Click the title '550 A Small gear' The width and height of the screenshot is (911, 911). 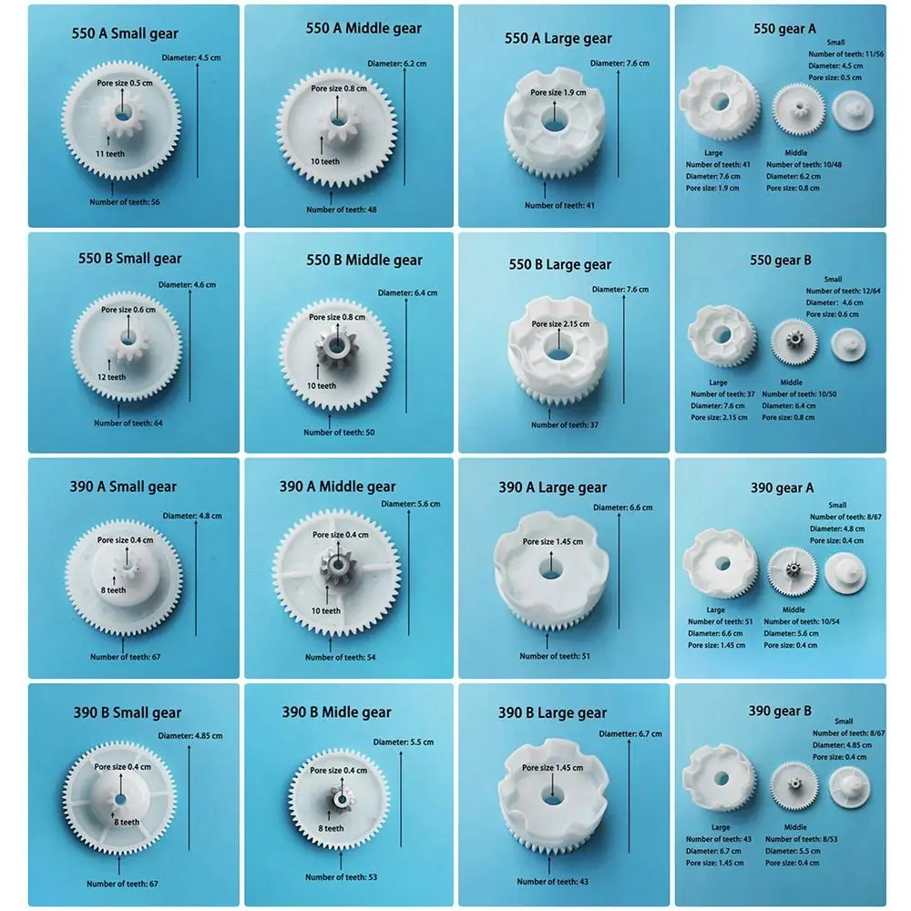[x=126, y=34]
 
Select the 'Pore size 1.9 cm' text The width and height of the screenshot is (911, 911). [x=558, y=92]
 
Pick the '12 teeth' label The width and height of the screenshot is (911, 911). [x=111, y=377]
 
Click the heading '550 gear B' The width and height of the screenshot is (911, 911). [x=782, y=260]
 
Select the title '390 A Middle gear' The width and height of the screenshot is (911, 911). [x=338, y=486]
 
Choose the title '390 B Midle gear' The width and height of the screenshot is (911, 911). [x=336, y=712]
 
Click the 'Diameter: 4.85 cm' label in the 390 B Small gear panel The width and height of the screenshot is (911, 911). [x=189, y=735]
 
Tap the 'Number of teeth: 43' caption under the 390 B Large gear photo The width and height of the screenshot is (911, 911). [x=552, y=881]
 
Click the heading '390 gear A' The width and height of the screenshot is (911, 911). [x=782, y=487]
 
